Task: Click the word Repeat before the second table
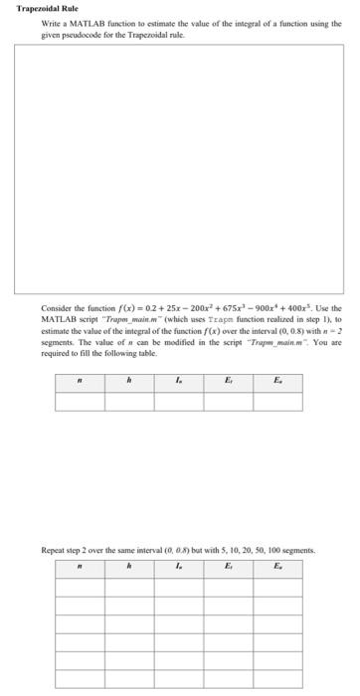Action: coord(53,548)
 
